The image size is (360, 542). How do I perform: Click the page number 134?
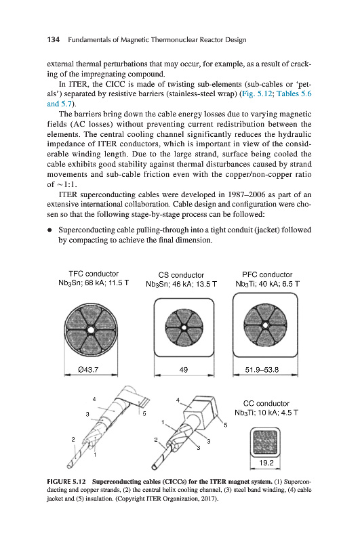(x=54, y=40)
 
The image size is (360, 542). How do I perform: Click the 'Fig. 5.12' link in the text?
(x=257, y=93)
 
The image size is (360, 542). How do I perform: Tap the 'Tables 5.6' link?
(x=294, y=93)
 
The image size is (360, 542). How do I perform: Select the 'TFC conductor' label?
(x=94, y=274)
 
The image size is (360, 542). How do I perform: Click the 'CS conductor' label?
(x=181, y=275)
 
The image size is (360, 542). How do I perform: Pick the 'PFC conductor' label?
(x=267, y=275)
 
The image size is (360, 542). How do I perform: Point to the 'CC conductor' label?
(x=266, y=403)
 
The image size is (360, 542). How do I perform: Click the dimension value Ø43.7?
(x=89, y=369)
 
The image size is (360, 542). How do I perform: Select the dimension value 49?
(x=184, y=370)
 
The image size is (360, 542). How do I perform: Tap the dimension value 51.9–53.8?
(x=262, y=370)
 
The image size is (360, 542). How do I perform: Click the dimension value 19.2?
(x=266, y=463)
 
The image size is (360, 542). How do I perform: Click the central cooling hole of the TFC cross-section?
(x=91, y=330)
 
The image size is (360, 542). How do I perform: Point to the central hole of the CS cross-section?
(x=184, y=327)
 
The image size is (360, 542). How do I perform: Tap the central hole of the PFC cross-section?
(x=265, y=325)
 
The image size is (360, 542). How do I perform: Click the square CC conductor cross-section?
(x=265, y=442)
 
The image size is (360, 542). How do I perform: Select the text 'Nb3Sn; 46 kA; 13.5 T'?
(x=181, y=284)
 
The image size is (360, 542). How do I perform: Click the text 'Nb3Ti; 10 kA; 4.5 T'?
(x=266, y=413)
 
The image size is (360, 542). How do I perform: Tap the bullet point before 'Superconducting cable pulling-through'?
(x=50, y=230)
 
